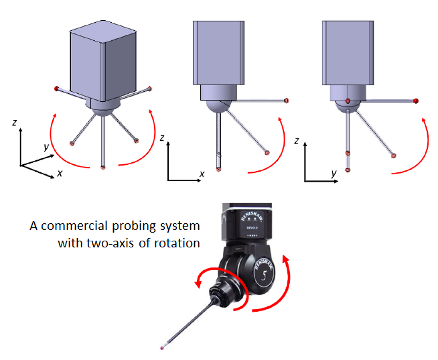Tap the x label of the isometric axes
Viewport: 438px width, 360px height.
point(60,172)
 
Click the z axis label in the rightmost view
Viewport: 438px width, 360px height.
point(296,141)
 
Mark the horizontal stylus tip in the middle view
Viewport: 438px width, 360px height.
point(287,101)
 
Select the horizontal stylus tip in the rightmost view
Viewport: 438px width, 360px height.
point(417,101)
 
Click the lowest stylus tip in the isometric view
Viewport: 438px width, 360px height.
point(103,168)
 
